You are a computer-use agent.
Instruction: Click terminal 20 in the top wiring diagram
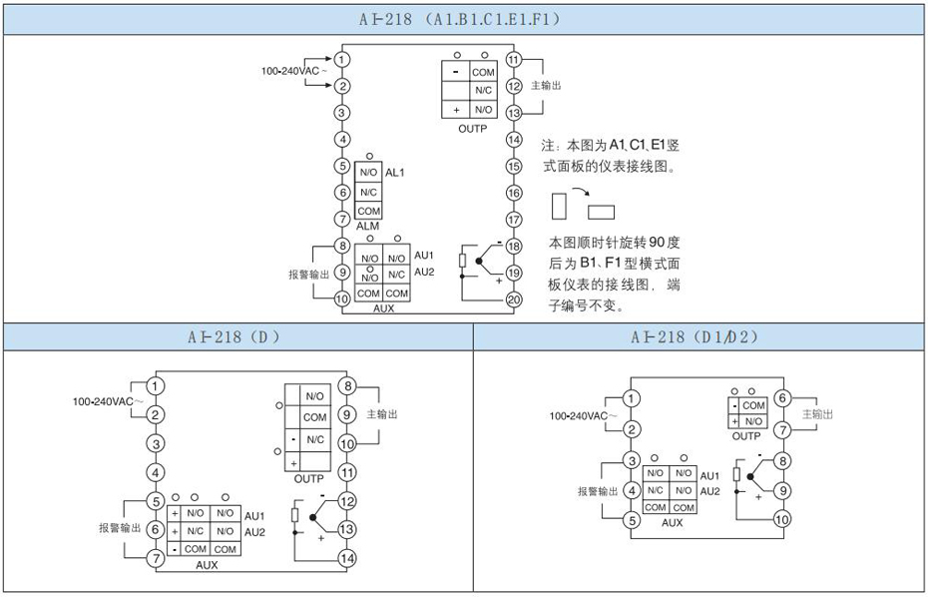pos(514,298)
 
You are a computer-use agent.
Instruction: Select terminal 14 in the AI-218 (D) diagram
pos(347,559)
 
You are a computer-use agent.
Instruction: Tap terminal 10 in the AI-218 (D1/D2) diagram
pos(782,519)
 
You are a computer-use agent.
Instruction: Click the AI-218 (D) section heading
pos(236,336)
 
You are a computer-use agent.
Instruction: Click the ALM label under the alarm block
pos(367,226)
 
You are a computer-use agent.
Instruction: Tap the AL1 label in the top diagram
pos(394,173)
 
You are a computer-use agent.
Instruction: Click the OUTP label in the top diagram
pos(472,128)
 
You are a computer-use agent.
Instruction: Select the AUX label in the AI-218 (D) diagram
pos(207,564)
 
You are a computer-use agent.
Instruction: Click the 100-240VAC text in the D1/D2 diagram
pos(579,415)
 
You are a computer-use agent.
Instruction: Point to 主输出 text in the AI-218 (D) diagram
pos(382,413)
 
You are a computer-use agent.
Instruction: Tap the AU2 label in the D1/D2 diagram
pos(709,491)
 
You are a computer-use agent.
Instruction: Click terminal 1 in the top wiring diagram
pos(342,60)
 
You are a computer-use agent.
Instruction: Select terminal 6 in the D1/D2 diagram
pos(782,397)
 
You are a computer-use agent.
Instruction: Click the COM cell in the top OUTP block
pos(484,73)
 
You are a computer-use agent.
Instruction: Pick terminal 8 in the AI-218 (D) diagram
pos(347,385)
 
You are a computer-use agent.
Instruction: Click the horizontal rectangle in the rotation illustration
pos(602,212)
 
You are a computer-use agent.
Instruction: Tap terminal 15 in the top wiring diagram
pos(514,166)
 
